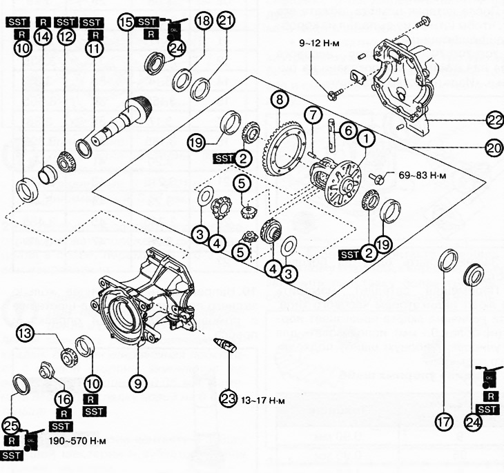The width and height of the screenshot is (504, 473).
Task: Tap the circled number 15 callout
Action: coord(125,22)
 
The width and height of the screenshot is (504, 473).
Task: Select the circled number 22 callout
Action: coord(494,120)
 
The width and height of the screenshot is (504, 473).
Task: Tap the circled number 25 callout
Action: coord(10,425)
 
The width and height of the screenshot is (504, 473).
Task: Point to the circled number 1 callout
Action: coord(366,138)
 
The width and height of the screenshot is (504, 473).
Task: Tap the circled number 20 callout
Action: coord(494,147)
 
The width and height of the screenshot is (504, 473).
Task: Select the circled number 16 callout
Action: coord(63,399)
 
